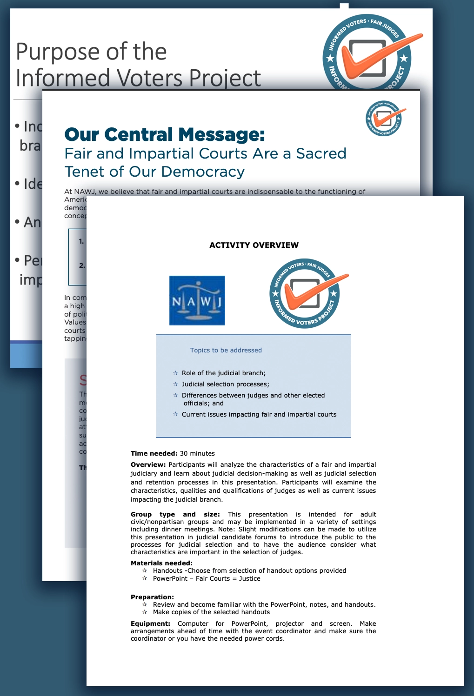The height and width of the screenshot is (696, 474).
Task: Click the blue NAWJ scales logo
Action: (x=197, y=300)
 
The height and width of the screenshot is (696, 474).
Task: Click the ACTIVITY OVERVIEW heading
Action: (x=254, y=245)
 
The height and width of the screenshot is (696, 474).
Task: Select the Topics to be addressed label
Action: (x=226, y=350)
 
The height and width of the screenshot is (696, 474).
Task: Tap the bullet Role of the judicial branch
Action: (x=223, y=373)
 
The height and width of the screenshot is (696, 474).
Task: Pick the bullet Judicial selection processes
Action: (x=225, y=384)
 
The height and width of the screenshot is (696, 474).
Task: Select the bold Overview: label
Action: (x=148, y=464)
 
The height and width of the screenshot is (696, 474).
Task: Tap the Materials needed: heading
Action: (x=161, y=563)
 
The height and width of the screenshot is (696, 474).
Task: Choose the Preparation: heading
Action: (x=152, y=597)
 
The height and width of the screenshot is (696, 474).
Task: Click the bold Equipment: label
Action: (x=150, y=623)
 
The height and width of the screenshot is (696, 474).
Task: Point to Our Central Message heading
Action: (x=165, y=134)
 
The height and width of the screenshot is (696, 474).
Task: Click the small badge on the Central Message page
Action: (x=384, y=118)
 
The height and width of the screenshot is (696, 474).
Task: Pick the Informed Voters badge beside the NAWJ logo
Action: (x=305, y=293)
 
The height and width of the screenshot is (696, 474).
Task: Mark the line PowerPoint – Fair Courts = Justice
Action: (x=207, y=578)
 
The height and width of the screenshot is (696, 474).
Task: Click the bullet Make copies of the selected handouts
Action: (x=211, y=612)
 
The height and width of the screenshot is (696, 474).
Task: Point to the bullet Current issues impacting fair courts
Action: (x=259, y=414)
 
